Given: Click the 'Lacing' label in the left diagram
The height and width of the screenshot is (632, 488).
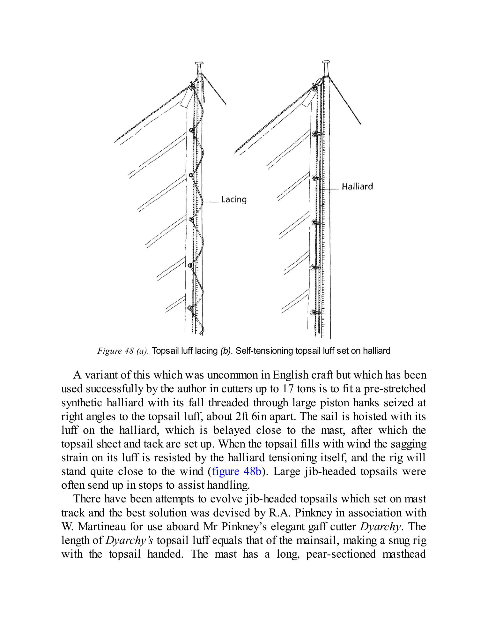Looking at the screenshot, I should [234, 200].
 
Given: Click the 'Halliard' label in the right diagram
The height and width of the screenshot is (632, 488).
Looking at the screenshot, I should [357, 186].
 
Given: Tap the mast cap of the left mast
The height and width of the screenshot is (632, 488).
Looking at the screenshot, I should [199, 64].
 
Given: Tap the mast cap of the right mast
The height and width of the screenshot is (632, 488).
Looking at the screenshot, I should [326, 62].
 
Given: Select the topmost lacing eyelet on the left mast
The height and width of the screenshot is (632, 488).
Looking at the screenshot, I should [191, 130].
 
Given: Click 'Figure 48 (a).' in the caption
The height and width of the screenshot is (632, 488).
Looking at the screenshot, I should [123, 351].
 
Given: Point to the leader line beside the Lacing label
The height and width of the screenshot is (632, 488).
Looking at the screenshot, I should [211, 202].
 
